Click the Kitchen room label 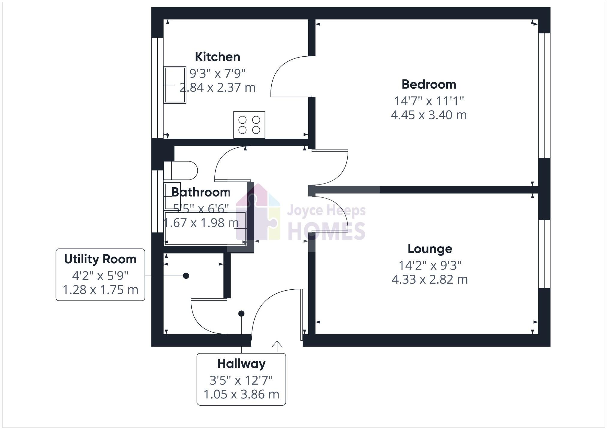coord(217,57)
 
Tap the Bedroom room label coord(429,84)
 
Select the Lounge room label coord(430,249)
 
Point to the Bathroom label coord(201,192)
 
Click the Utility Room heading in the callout coord(100,259)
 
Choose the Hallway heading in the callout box coord(241,364)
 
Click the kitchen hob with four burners coord(249,125)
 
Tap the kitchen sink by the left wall coord(175,85)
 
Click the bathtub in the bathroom coord(205,228)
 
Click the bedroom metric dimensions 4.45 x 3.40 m coord(429,115)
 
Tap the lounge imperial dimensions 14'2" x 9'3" coord(430,265)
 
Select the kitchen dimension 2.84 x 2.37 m coord(217,87)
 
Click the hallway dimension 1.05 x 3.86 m coord(241,394)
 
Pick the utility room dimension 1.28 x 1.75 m coord(100,290)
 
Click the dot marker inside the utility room coord(186,276)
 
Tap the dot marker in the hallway coord(241,314)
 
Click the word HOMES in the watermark coord(326,231)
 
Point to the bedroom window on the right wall coord(544,95)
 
